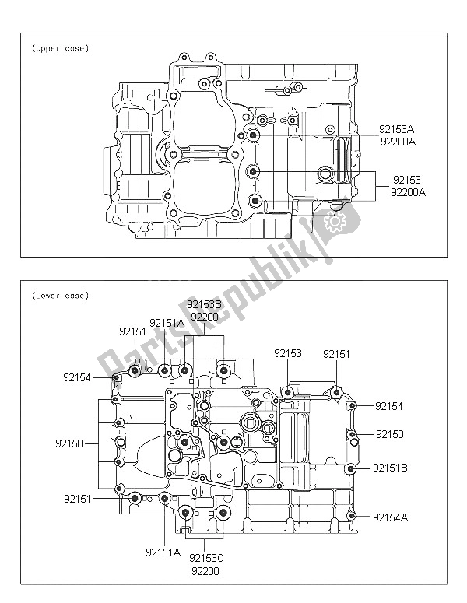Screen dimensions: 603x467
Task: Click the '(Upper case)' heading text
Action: click(x=60, y=48)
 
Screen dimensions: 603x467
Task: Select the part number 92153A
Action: click(x=397, y=129)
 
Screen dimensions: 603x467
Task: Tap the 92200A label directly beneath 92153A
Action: click(x=397, y=142)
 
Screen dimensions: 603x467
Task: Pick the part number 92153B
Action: click(x=205, y=305)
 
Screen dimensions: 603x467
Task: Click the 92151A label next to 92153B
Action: click(x=167, y=323)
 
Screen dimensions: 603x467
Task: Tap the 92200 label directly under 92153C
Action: click(x=205, y=570)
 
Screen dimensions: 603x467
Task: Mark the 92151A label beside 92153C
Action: click(x=162, y=552)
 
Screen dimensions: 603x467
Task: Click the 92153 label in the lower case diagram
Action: click(x=288, y=353)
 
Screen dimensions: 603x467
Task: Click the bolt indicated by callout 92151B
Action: click(x=351, y=468)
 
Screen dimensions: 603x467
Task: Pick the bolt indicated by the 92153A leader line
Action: click(x=254, y=137)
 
